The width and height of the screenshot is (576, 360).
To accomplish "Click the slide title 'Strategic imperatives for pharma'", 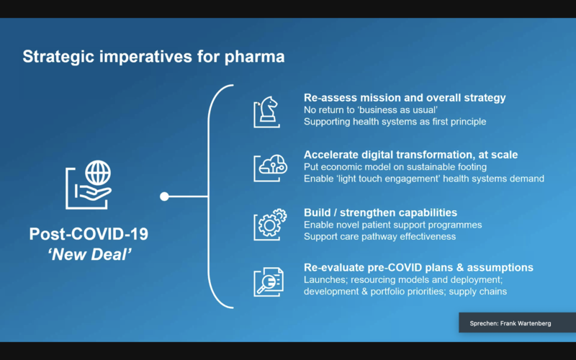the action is (153, 57).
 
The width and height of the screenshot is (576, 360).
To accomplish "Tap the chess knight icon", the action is (269, 109).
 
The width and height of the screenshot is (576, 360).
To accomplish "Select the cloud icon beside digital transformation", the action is (273, 164).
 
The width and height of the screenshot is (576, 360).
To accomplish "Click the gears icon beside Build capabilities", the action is (272, 222).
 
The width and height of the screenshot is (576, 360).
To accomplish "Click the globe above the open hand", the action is (98, 173).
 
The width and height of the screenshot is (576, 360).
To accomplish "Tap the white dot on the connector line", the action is (164, 197).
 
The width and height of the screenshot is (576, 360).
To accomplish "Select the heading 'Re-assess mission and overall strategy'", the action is (405, 98).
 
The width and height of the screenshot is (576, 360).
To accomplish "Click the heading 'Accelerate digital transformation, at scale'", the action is (410, 155).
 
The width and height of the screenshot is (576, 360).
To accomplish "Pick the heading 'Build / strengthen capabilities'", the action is (381, 212).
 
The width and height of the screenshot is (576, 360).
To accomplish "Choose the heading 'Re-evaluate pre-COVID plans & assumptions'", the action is (418, 267).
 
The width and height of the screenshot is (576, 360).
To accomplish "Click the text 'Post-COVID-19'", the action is (89, 234).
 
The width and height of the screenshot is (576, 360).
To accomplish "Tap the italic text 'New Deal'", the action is (90, 255).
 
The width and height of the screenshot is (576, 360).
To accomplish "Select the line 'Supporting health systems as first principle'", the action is (395, 122).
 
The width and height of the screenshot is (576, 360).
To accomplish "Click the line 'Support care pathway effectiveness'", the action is (380, 237).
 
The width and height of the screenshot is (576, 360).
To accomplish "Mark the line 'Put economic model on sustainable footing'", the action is (395, 167).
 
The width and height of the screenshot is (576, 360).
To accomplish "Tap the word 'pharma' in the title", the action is (255, 58).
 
